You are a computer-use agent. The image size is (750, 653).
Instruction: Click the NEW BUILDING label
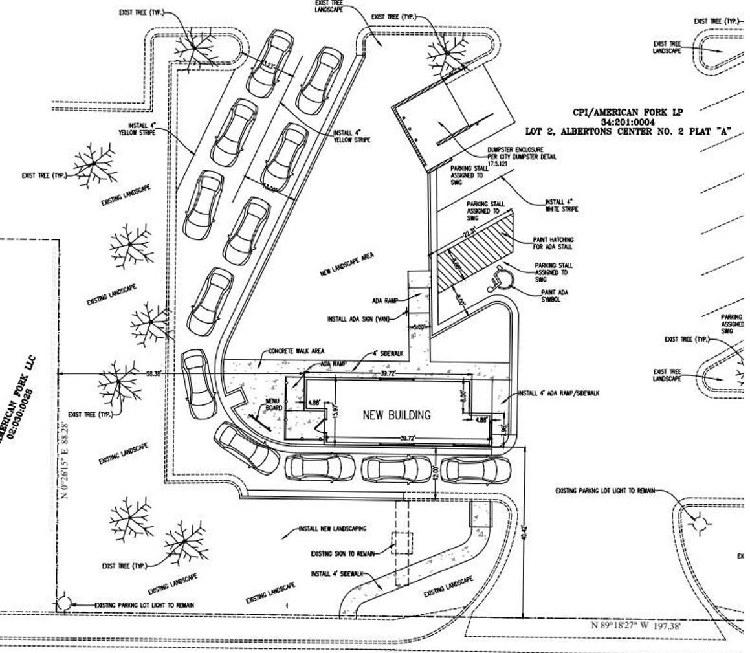coord(396,415)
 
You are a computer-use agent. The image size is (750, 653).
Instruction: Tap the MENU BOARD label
coord(272,405)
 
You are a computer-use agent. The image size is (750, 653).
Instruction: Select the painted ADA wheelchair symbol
coord(502,277)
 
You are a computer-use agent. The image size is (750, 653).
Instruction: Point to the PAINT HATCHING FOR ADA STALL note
coord(553,243)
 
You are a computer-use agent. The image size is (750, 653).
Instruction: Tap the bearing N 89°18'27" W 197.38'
coord(636,625)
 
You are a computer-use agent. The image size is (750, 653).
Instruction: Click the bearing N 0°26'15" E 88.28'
coord(65,460)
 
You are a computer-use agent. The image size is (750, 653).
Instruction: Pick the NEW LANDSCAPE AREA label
coord(347,265)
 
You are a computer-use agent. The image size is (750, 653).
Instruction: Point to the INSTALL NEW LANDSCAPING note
coord(332,529)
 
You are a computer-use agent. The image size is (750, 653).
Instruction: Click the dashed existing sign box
coord(401,543)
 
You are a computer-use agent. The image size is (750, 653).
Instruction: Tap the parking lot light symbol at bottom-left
coord(63,603)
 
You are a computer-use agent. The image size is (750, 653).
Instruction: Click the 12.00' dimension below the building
coord(435,472)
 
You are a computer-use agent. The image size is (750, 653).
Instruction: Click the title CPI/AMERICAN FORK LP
coord(628,112)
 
